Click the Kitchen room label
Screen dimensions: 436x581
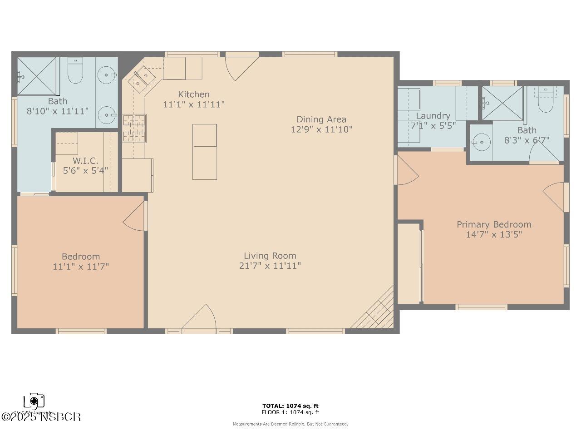[x=194, y=94]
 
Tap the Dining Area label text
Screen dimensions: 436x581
[x=321, y=119]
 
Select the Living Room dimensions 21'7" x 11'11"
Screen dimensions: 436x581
[x=270, y=266]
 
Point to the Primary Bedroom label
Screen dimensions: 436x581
[x=494, y=224]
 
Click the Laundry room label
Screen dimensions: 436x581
[x=433, y=116]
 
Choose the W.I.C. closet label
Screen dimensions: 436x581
[x=85, y=161]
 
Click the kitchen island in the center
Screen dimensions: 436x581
[x=204, y=152]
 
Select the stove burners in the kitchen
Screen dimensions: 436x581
[x=134, y=128]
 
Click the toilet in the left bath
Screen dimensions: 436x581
[x=75, y=72]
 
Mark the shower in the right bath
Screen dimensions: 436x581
[x=502, y=103]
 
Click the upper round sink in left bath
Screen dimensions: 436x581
[x=107, y=74]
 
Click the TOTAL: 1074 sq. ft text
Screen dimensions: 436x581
[x=290, y=406]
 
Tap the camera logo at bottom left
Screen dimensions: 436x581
[x=34, y=401]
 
